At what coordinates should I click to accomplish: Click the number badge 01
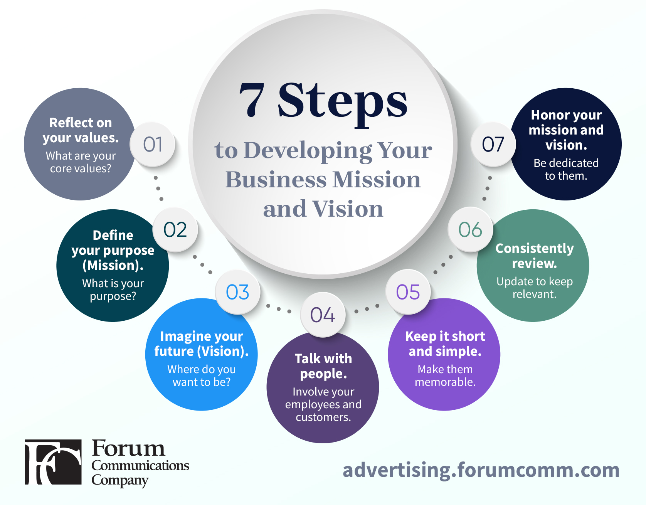(153, 145)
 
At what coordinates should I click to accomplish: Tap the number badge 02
(175, 230)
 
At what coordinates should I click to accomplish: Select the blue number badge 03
(238, 292)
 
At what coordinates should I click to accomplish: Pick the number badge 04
(323, 315)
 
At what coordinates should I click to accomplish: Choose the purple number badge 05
(408, 292)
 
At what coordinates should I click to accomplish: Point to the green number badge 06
(470, 230)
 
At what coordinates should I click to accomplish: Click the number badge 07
(493, 145)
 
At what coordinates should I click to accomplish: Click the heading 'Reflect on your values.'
(81, 130)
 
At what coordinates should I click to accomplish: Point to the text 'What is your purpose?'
(113, 290)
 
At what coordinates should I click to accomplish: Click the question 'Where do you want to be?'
(202, 375)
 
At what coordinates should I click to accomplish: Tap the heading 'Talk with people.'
(323, 366)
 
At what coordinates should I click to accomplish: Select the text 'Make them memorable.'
(445, 375)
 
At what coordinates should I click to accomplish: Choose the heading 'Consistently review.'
(535, 256)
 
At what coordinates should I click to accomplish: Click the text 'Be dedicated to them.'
(566, 169)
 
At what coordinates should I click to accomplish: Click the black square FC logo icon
(53, 462)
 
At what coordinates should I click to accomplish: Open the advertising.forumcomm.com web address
(481, 470)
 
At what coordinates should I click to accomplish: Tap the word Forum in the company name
(128, 448)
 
